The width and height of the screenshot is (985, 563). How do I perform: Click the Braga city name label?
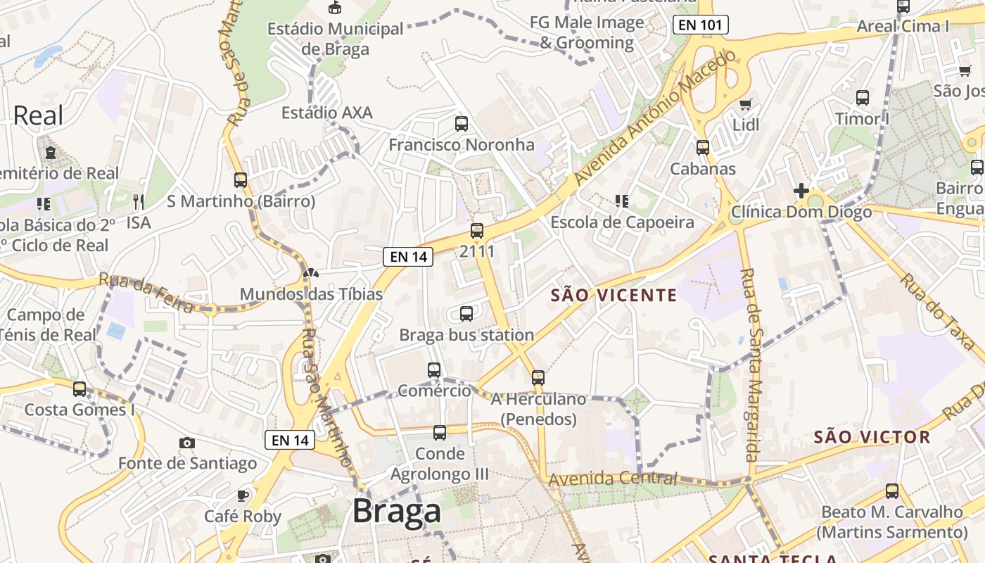397,511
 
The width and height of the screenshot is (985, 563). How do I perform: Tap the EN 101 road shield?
700,25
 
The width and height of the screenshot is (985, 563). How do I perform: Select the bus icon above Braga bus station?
466,314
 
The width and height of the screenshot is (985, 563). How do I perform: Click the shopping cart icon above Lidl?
746,104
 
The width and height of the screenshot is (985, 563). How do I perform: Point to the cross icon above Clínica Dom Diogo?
801,191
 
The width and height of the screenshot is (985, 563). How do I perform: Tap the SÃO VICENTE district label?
614,296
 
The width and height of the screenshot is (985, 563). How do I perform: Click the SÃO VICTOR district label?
872,437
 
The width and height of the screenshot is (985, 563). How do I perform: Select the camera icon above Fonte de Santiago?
186,443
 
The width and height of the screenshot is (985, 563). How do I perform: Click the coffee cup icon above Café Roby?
243,495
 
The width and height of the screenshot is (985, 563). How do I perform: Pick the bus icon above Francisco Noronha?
462,124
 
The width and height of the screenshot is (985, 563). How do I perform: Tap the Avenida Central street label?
612,479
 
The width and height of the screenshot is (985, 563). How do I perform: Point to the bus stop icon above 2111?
477,231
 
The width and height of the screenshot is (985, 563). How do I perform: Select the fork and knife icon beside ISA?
139,203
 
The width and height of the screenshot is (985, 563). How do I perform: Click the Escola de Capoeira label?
622,222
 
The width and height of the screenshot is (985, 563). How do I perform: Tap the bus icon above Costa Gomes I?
80,389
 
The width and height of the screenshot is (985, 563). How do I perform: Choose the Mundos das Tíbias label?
311,293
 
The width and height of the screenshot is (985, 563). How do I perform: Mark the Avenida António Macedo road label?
654,118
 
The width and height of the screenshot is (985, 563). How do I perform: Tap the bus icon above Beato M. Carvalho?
892,491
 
